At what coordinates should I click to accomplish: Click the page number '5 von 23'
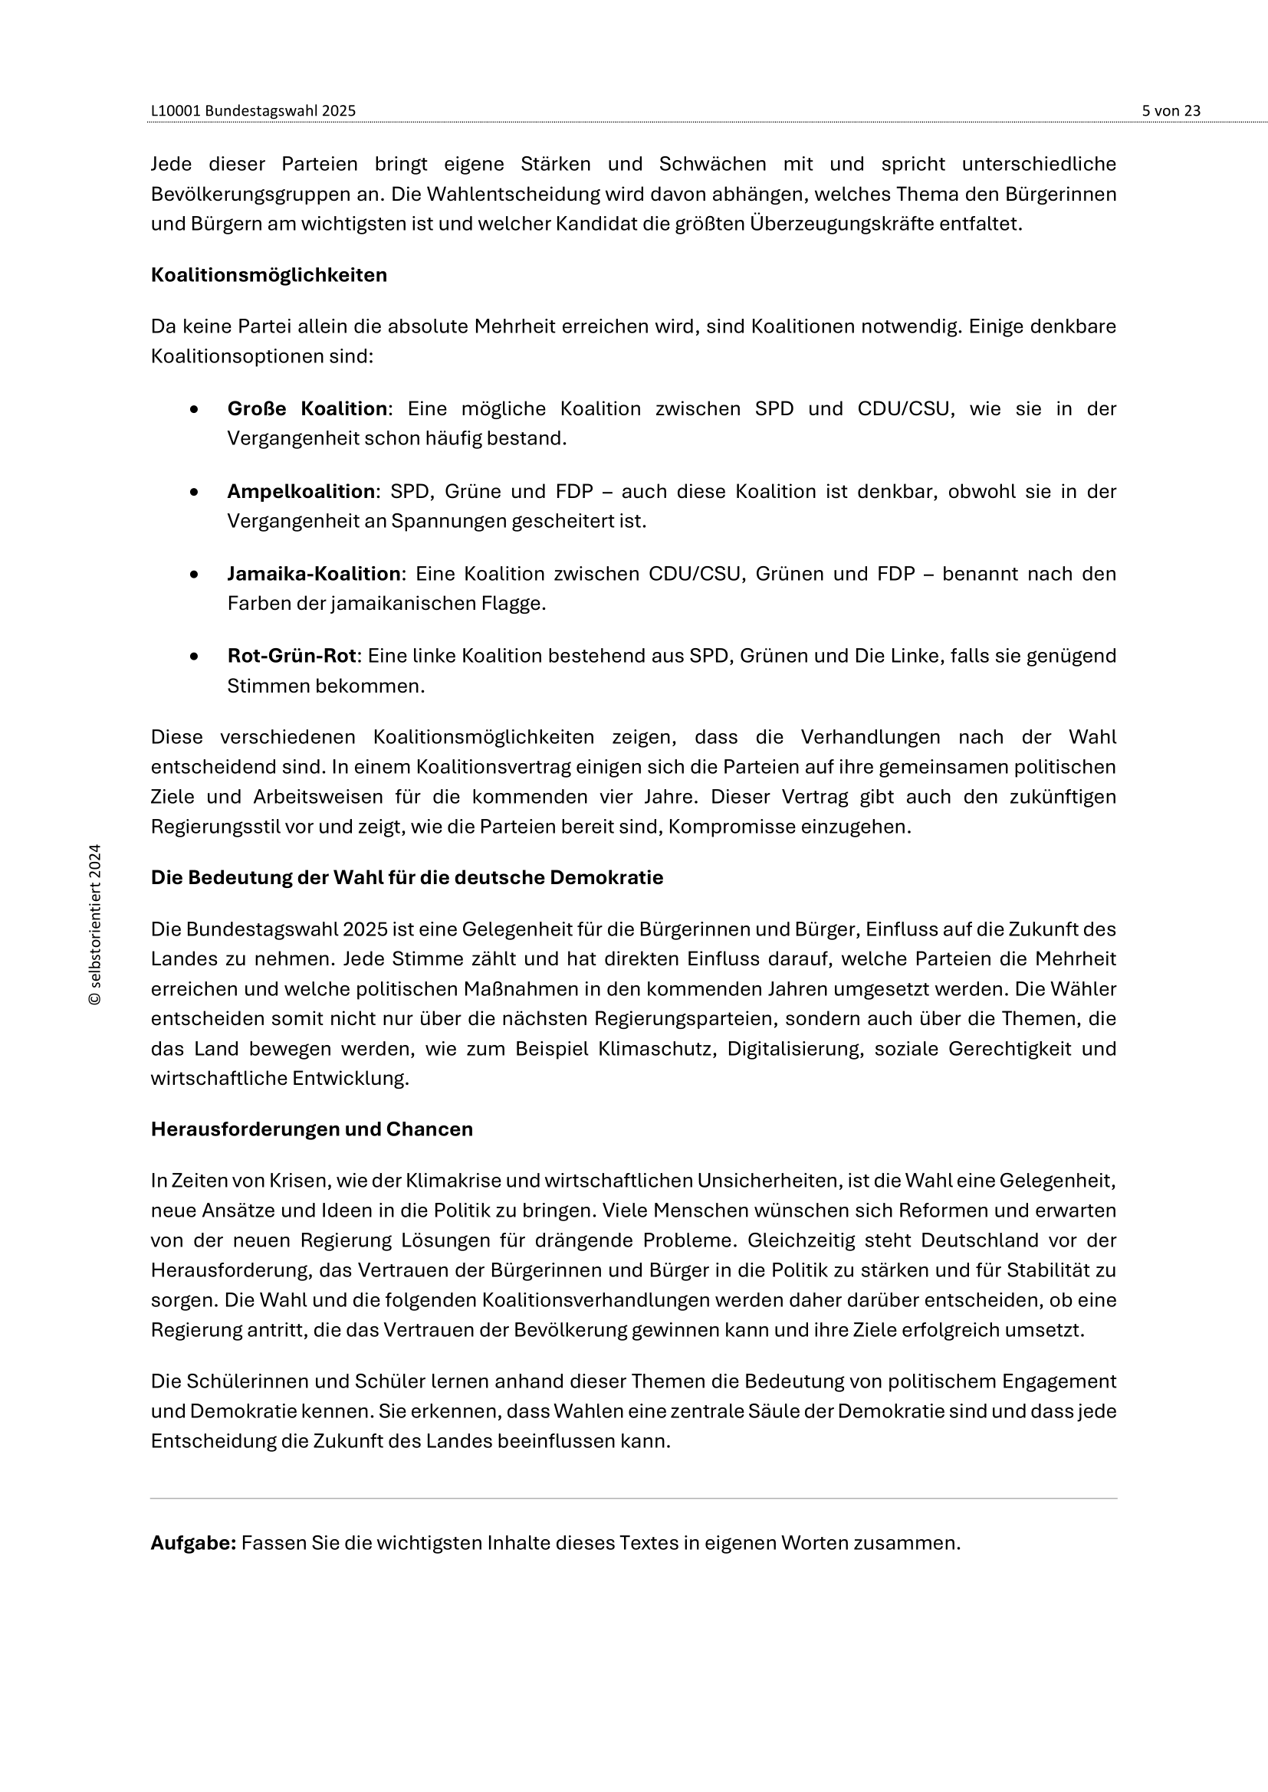pyautogui.click(x=1171, y=111)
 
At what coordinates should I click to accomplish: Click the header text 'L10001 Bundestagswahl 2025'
pyautogui.click(x=253, y=111)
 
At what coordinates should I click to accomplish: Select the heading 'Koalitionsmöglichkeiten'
pyautogui.click(x=268, y=275)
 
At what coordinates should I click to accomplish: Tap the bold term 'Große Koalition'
pyautogui.click(x=307, y=408)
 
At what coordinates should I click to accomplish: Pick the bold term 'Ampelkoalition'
pyautogui.click(x=301, y=491)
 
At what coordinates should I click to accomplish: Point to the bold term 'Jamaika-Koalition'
pyautogui.click(x=314, y=574)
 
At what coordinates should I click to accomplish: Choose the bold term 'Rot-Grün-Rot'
pyautogui.click(x=291, y=656)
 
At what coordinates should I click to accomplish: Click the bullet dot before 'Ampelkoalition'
pyautogui.click(x=194, y=492)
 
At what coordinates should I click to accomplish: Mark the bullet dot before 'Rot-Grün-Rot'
pyautogui.click(x=194, y=657)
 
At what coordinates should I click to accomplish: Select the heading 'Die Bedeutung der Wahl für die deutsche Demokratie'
pyautogui.click(x=407, y=877)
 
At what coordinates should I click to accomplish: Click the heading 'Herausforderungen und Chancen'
pyautogui.click(x=311, y=1129)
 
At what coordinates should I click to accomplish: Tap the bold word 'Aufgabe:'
pyautogui.click(x=193, y=1543)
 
